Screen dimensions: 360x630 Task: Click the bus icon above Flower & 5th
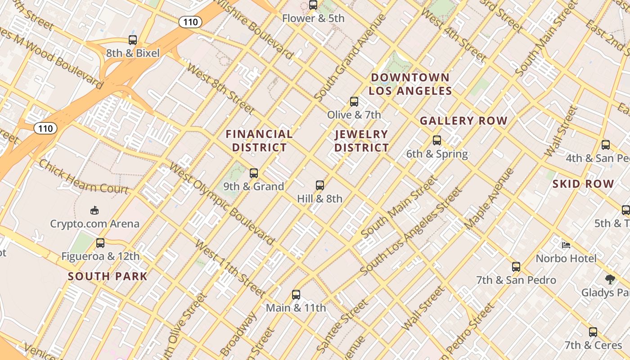click(x=313, y=5)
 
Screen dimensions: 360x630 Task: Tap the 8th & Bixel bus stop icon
click(x=133, y=40)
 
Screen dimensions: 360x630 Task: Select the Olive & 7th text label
click(x=354, y=115)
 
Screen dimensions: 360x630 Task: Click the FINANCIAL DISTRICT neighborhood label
click(x=259, y=141)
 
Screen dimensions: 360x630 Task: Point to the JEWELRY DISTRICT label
click(x=361, y=141)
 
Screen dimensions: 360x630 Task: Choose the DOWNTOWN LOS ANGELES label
click(x=410, y=84)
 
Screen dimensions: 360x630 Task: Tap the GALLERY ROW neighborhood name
click(x=463, y=121)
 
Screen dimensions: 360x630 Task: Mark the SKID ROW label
click(x=583, y=184)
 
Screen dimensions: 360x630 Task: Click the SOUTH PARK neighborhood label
click(x=108, y=276)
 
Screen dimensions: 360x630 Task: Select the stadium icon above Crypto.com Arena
click(x=94, y=210)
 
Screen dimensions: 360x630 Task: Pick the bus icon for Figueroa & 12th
click(x=100, y=243)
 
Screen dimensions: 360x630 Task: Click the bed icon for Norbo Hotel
click(x=566, y=245)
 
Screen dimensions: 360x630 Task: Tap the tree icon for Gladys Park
click(x=610, y=279)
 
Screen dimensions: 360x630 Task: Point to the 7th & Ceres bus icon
click(x=593, y=332)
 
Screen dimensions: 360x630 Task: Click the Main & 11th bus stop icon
click(x=296, y=295)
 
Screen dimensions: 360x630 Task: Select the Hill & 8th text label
click(x=319, y=198)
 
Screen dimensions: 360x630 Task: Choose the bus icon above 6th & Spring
click(x=436, y=140)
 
